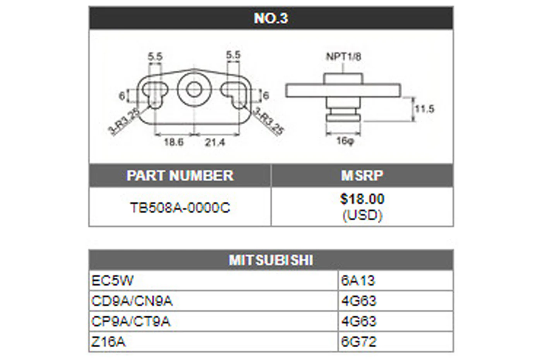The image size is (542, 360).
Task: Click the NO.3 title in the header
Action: click(x=271, y=18)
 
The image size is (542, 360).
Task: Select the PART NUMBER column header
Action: click(x=180, y=175)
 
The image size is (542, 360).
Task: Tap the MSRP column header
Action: click(x=362, y=175)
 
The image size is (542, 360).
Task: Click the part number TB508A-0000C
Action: click(x=180, y=207)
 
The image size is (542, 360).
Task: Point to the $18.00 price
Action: click(x=362, y=199)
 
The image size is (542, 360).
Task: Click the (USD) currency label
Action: click(x=362, y=215)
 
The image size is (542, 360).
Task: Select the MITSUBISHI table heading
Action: click(x=271, y=260)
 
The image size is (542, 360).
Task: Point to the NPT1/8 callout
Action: click(x=343, y=57)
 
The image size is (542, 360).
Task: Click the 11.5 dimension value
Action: click(x=425, y=109)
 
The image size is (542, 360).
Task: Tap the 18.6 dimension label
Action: click(x=174, y=142)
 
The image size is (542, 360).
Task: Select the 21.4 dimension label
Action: click(x=215, y=142)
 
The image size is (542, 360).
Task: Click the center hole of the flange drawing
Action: click(x=194, y=89)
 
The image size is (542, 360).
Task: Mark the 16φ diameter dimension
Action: click(x=345, y=140)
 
